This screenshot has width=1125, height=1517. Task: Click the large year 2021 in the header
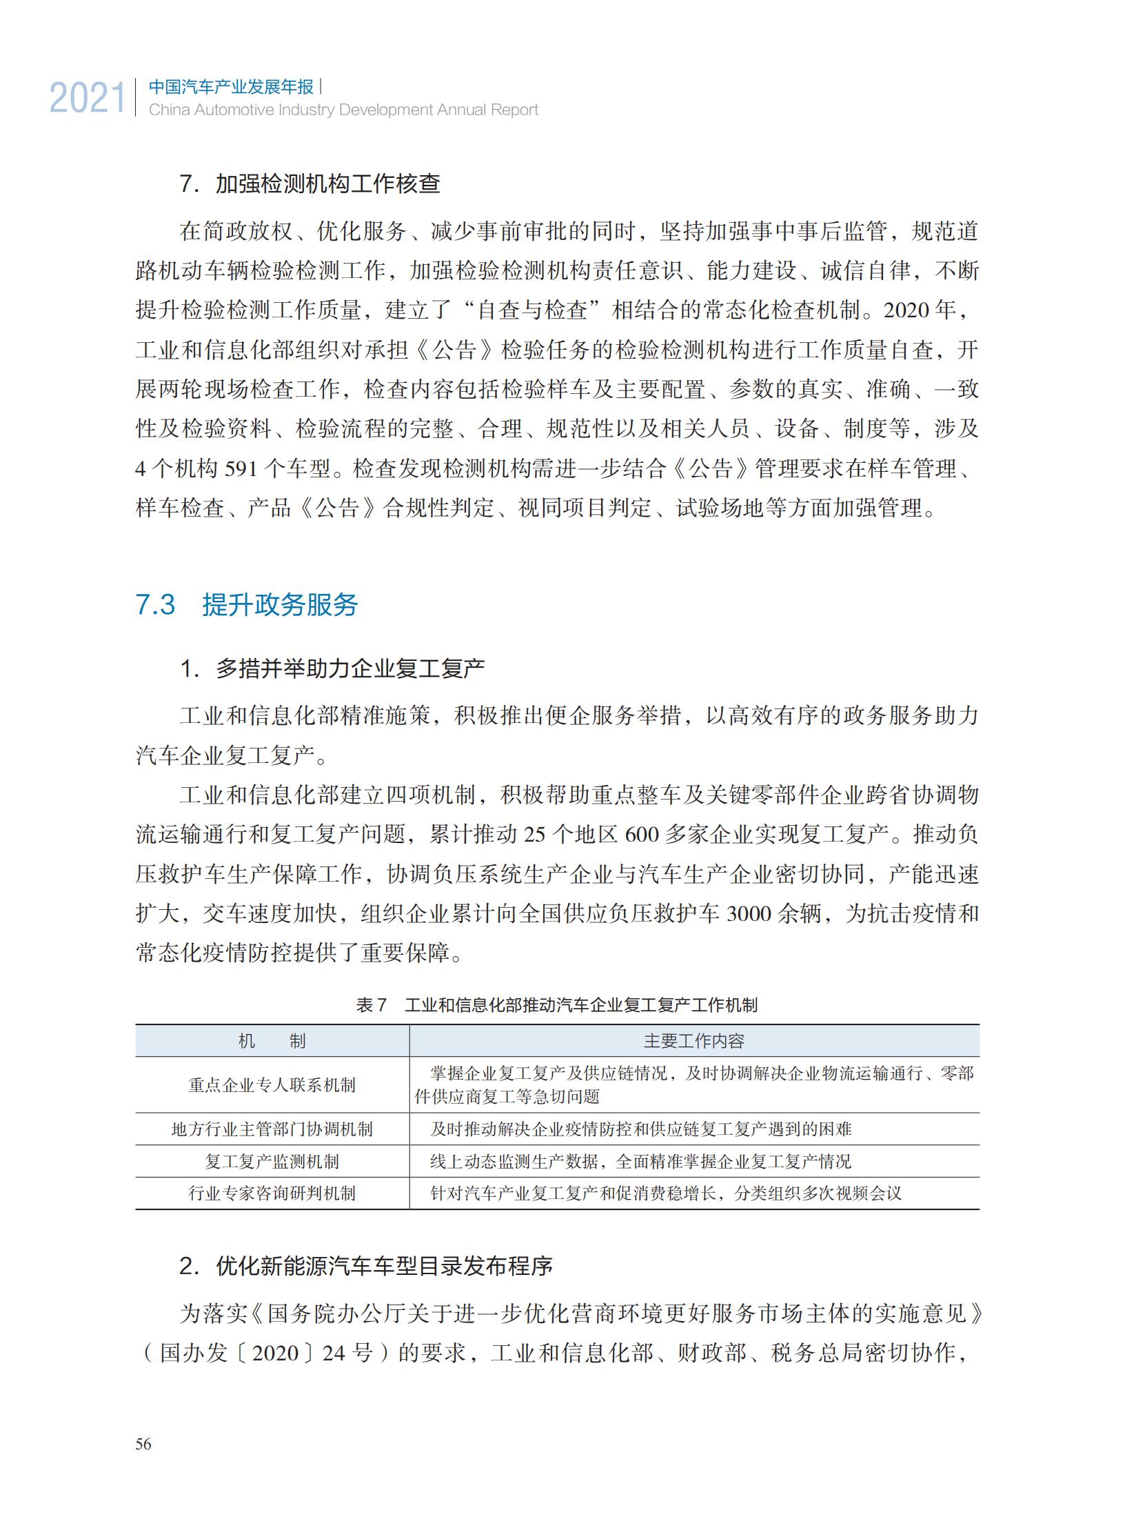[x=88, y=98]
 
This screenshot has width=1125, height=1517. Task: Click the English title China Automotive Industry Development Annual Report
[x=343, y=110]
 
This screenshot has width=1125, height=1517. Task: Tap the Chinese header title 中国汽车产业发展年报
[x=232, y=87]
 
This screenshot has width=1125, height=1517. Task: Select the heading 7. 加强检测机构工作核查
[x=310, y=184]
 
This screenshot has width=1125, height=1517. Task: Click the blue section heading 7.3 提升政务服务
[x=247, y=605]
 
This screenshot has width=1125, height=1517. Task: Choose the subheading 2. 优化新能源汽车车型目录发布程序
[x=365, y=1267]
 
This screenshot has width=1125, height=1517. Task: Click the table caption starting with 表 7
[x=556, y=1005]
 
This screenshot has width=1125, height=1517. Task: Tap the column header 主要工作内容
[x=693, y=1042]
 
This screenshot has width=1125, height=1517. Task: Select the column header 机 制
[x=272, y=1042]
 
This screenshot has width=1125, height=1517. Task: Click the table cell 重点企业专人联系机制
[x=272, y=1085]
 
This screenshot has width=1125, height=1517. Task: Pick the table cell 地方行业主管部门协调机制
[x=272, y=1129]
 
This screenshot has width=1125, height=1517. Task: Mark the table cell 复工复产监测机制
[x=272, y=1162]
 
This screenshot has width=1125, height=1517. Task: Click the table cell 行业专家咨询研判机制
[x=272, y=1193]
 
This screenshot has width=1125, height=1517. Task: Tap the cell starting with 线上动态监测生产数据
[x=640, y=1162]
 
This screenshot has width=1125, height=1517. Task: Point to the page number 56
[x=143, y=1444]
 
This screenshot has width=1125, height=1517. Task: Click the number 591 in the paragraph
[x=241, y=469]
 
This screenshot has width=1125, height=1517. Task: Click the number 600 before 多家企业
[x=642, y=835]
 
